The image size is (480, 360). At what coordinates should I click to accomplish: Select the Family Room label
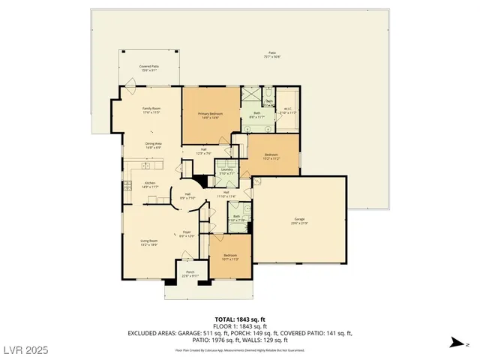click(x=152, y=110)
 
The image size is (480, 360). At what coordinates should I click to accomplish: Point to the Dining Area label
click(x=152, y=145)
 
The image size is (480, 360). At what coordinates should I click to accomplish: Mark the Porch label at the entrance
click(x=190, y=274)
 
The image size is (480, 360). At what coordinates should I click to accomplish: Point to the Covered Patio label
click(x=149, y=68)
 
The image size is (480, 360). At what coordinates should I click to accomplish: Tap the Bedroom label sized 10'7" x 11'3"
click(x=230, y=257)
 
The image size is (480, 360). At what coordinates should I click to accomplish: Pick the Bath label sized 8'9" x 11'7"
click(x=256, y=115)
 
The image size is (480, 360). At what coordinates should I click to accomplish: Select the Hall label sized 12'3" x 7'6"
click(x=204, y=151)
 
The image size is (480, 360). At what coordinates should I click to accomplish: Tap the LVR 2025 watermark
click(x=25, y=349)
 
